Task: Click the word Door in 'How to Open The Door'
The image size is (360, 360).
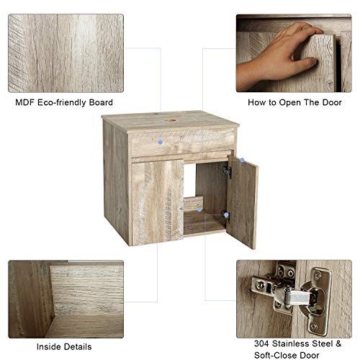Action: (x=330, y=102)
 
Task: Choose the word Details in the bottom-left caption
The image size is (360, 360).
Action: (x=74, y=346)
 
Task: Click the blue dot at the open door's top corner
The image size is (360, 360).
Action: (x=243, y=161)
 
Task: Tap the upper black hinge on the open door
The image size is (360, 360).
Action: (x=226, y=171)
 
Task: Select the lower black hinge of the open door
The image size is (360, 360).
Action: (x=226, y=215)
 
